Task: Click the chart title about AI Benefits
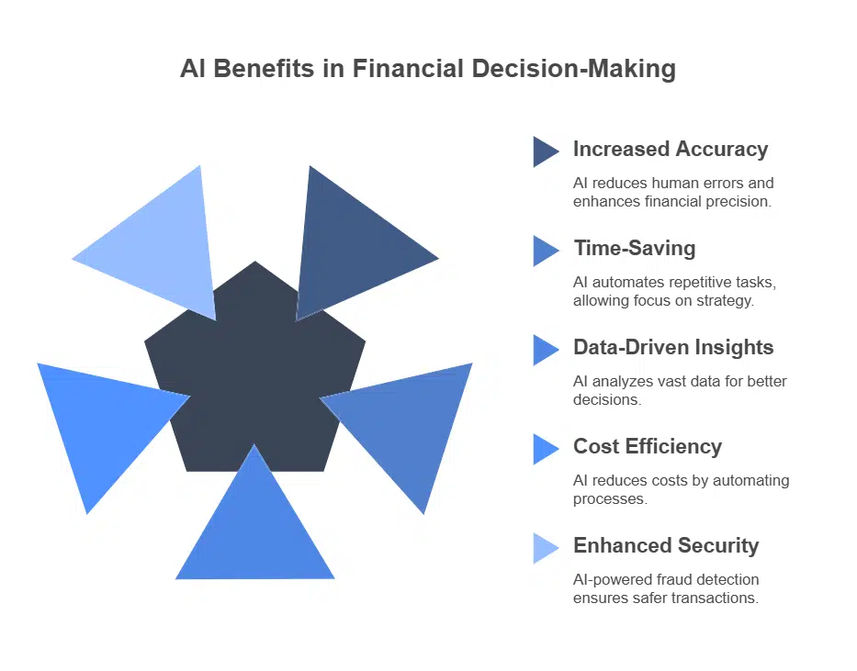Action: point(428,70)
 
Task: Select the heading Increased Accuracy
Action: point(670,149)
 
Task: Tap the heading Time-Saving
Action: point(634,248)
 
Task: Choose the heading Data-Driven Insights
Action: point(673,347)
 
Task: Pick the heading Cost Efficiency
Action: point(648,446)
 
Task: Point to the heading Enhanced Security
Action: point(666,545)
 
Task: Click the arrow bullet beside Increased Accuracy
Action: point(545,151)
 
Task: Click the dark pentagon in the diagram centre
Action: point(254,376)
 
